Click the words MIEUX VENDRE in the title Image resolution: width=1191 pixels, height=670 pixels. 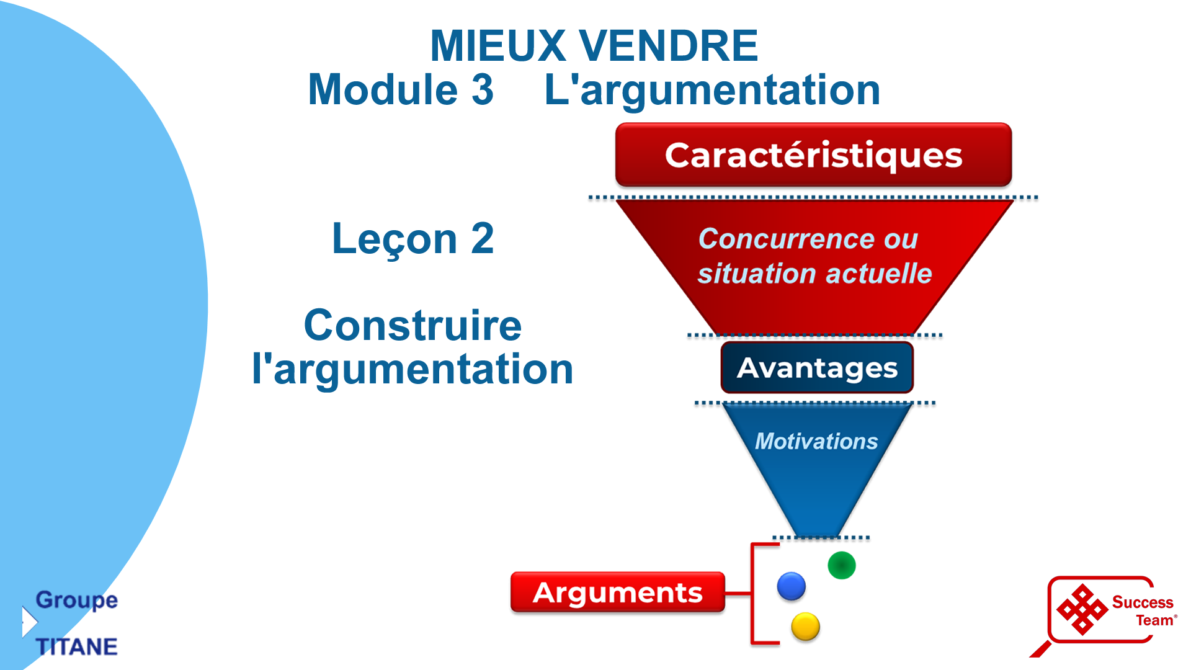(x=594, y=46)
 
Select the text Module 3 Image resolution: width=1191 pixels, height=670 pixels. (x=401, y=89)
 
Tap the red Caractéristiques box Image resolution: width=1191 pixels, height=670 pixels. (x=813, y=155)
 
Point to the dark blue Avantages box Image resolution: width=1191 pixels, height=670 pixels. (x=817, y=368)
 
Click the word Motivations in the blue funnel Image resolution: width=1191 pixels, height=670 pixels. (x=816, y=441)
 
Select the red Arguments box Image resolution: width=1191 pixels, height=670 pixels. (x=618, y=592)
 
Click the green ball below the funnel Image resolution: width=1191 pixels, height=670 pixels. (x=842, y=565)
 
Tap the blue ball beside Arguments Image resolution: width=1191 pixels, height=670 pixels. (x=792, y=586)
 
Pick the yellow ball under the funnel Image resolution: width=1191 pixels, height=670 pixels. (x=805, y=627)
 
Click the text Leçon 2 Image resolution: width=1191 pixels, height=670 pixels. (x=413, y=238)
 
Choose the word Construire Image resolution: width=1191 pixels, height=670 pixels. (x=413, y=326)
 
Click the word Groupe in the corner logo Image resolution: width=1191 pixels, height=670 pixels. (x=76, y=600)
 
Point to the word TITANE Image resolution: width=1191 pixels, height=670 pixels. (x=76, y=647)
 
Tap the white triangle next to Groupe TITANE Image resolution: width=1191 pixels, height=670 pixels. (x=29, y=622)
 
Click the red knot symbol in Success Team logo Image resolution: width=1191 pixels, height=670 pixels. (x=1082, y=610)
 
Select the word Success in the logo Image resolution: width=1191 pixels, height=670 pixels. (x=1143, y=602)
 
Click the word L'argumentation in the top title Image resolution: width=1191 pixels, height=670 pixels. (x=712, y=89)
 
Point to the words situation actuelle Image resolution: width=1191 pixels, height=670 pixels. (x=814, y=274)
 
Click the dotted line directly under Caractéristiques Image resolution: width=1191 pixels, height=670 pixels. (x=813, y=198)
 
